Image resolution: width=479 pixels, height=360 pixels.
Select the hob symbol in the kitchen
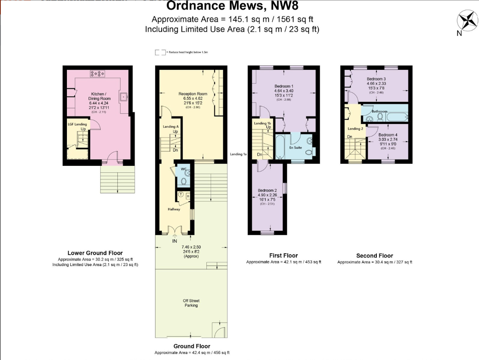click(x=98, y=73)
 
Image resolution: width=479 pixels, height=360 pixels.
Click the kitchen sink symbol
click(x=124, y=97)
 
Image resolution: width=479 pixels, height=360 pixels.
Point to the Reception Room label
click(x=193, y=94)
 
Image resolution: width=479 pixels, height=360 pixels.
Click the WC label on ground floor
click(x=183, y=169)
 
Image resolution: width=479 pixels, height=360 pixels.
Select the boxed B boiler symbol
click(x=188, y=196)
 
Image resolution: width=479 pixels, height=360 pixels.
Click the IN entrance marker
click(x=174, y=241)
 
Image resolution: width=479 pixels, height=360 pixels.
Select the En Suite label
click(x=296, y=147)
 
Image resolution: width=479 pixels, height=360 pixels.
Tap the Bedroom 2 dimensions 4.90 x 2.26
click(x=268, y=195)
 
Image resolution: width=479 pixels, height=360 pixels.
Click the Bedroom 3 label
click(x=376, y=78)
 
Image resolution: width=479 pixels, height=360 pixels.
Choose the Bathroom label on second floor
click(x=379, y=111)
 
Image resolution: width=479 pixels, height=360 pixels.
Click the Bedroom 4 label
click(x=388, y=135)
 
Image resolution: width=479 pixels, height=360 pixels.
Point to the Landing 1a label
click(x=238, y=154)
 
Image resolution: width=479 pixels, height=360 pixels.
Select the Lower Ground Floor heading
click(x=95, y=253)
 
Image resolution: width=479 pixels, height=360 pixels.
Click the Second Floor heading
click(x=374, y=255)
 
